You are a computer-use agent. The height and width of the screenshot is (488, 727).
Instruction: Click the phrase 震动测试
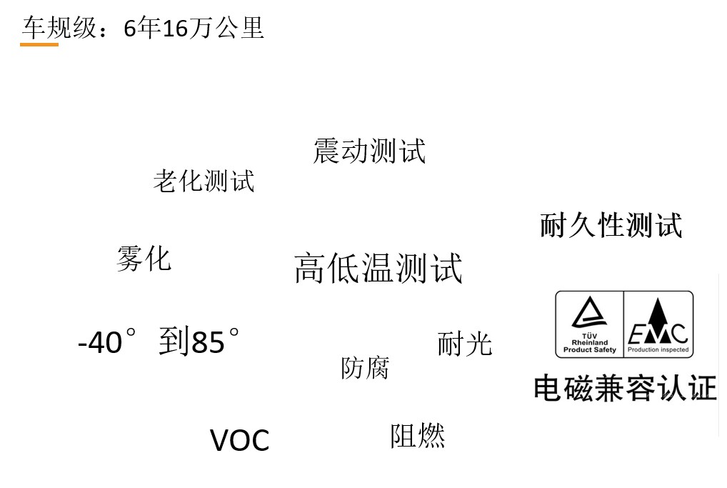click(x=369, y=151)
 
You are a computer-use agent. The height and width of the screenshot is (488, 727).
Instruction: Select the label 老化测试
click(x=204, y=181)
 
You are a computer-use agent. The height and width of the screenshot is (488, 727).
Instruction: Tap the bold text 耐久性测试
click(x=611, y=225)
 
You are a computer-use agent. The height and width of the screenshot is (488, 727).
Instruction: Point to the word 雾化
click(x=144, y=259)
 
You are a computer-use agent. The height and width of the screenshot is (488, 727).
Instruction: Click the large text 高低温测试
click(x=378, y=269)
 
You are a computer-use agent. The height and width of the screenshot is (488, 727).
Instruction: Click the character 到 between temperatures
click(x=174, y=342)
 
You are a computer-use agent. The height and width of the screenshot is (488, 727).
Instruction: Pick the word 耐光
click(x=464, y=344)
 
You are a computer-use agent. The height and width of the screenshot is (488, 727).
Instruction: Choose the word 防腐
click(x=365, y=368)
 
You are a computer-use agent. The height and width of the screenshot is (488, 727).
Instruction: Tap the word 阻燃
click(x=417, y=436)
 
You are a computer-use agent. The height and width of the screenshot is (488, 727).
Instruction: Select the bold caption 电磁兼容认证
click(x=625, y=389)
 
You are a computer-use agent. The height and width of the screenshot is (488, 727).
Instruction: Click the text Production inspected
click(x=658, y=350)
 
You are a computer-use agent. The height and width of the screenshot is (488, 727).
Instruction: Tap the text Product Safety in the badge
click(x=589, y=350)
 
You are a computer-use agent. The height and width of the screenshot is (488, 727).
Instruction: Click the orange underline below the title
click(x=39, y=44)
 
